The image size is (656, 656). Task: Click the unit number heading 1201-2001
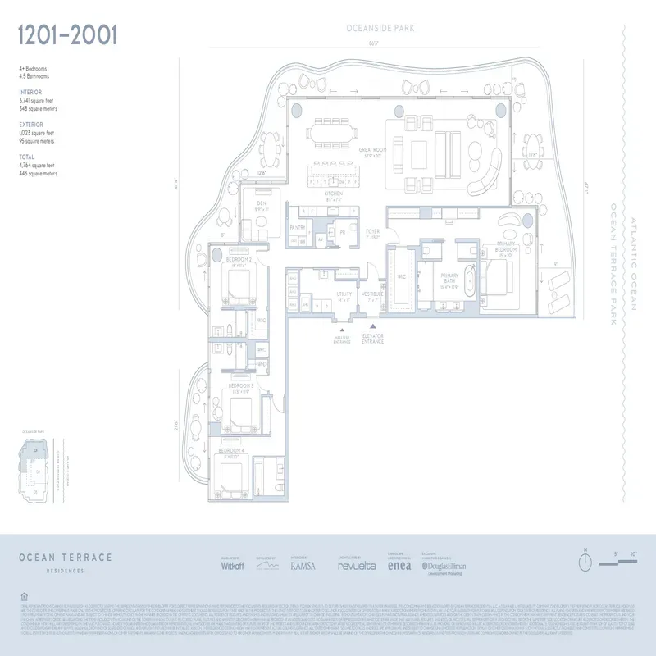point(68,35)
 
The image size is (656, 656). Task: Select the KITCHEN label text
point(333,194)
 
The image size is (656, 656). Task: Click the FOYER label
point(371,234)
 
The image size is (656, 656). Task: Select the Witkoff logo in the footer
point(235,565)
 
